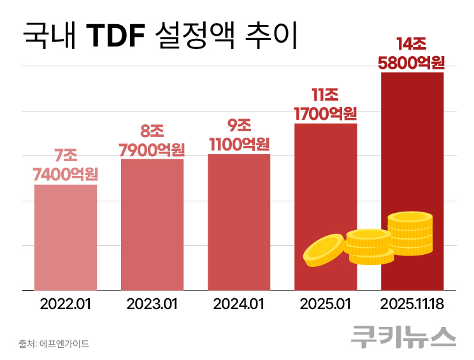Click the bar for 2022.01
[x=66, y=237]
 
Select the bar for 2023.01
[x=152, y=224]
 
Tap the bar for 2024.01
[x=239, y=222]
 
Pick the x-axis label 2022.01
[x=66, y=304]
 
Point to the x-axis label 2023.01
[x=152, y=304]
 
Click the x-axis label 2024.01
[x=239, y=304]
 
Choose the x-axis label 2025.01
[x=325, y=304]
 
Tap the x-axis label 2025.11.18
[x=412, y=304]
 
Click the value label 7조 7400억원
[x=66, y=164]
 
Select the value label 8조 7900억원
[x=152, y=140]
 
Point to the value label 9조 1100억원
[x=239, y=134]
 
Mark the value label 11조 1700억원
[x=325, y=105]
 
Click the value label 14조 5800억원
[x=411, y=54]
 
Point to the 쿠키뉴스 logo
[x=403, y=336]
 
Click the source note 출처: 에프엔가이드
[x=54, y=344]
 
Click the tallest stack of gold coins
[x=410, y=233]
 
